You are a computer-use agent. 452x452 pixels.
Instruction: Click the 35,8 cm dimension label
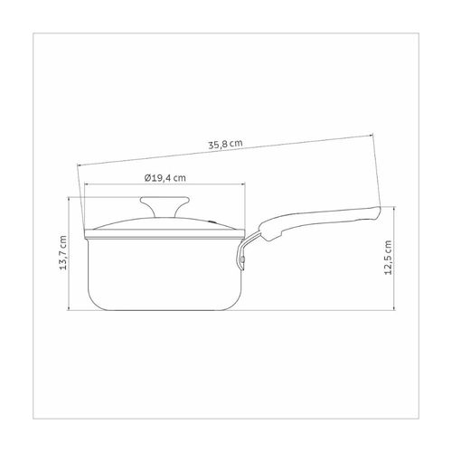(x=225, y=145)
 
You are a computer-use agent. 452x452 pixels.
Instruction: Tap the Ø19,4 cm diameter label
(x=165, y=178)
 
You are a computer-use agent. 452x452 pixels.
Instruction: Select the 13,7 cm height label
(x=63, y=253)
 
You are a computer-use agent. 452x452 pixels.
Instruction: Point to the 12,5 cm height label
(x=389, y=258)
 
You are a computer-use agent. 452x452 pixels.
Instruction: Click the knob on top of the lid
(x=165, y=205)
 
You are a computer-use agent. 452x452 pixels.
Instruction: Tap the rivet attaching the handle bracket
(x=242, y=259)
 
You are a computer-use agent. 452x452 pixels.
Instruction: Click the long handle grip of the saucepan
(x=319, y=222)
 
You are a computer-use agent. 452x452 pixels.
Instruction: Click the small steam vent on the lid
(x=212, y=221)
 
